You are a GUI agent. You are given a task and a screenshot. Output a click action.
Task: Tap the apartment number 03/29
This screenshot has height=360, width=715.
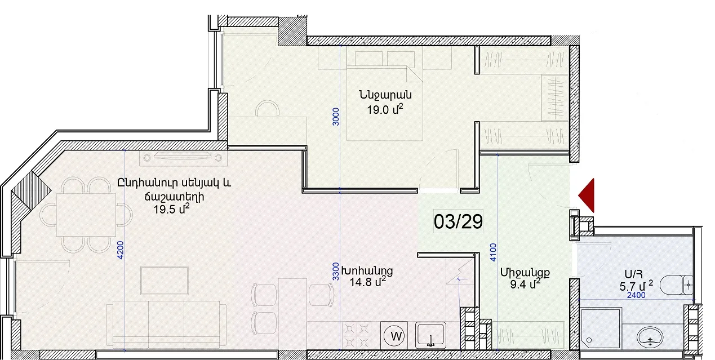coord(458,221)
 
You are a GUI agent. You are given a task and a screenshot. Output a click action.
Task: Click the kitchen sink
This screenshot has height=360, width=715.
coord(430,335)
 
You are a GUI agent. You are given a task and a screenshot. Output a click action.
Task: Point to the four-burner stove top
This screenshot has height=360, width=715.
coord(357,336)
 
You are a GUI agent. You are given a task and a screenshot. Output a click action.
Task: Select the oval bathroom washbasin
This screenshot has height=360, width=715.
coord(650,337)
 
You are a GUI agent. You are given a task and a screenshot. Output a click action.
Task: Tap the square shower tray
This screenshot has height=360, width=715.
coord(601,328)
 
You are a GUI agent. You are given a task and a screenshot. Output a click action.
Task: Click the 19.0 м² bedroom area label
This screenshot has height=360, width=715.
coord(385,109)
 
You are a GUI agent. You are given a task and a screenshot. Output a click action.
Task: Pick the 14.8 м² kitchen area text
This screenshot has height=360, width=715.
coord(368,282)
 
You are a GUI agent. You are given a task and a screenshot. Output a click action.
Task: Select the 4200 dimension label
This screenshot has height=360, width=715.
coord(120,250)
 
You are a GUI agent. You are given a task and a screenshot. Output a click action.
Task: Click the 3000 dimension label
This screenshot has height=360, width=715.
coord(335,117)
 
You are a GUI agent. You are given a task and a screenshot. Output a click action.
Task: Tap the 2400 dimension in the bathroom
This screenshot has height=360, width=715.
coord(636,295)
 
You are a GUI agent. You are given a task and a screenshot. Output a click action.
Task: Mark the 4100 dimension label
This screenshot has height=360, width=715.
coord(493,252)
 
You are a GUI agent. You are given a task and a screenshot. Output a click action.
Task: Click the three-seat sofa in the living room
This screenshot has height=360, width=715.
coord(166,323)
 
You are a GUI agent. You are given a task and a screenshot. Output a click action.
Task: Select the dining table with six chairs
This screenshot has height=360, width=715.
coord(86,215)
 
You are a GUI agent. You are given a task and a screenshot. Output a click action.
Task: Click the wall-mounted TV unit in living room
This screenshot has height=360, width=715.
coord(183,158)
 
